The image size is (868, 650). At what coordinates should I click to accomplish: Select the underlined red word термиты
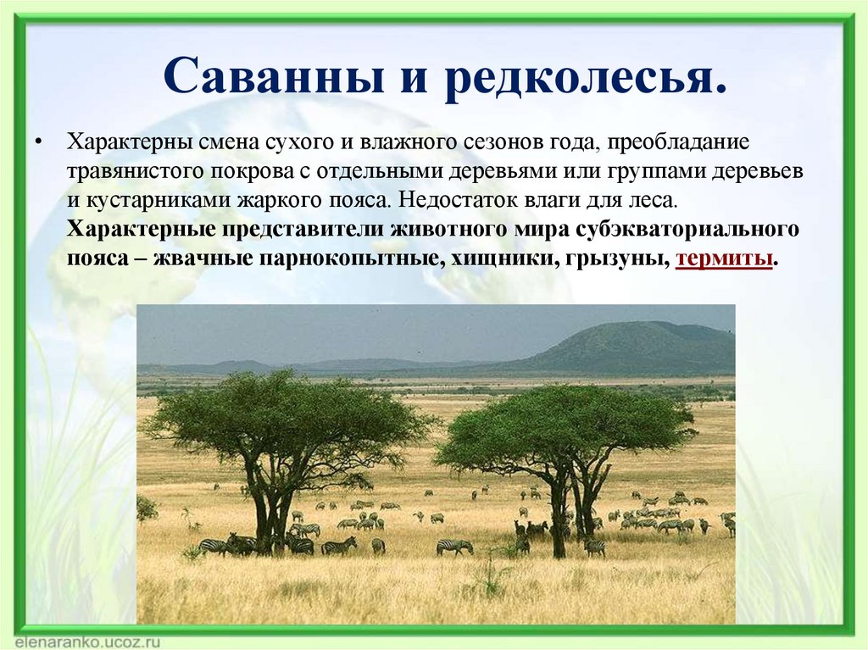coord(724,258)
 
